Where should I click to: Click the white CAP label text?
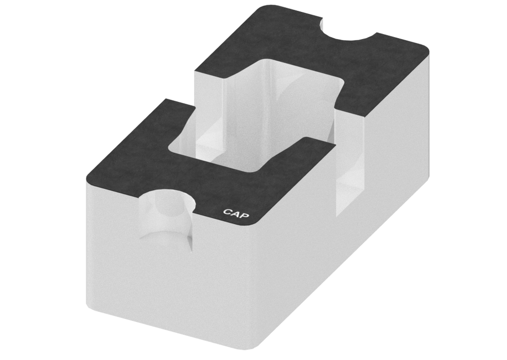tap(236, 212)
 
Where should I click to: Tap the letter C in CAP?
tap(228, 211)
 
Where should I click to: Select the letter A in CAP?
tap(236, 212)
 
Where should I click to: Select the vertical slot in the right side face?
tap(351, 170)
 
